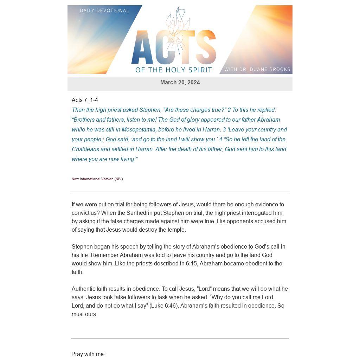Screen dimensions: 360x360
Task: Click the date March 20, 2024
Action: point(180,83)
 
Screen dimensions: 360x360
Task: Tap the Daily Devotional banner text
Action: point(104,11)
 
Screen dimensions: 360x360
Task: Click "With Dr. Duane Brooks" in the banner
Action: point(257,69)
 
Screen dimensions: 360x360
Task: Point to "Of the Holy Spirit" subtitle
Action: point(174,70)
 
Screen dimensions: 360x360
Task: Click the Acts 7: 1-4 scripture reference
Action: point(85,100)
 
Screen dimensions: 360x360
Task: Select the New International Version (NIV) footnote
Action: point(97,179)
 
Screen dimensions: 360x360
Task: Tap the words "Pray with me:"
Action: point(88,354)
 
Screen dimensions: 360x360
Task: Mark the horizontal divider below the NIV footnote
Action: point(180,192)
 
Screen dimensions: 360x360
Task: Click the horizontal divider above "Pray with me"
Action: point(180,339)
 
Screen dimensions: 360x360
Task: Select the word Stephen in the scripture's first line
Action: point(150,110)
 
